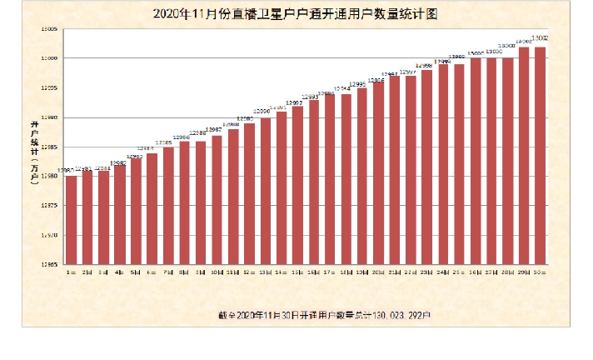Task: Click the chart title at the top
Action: click(x=296, y=15)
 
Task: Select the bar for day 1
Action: click(x=71, y=220)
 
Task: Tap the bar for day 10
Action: click(x=217, y=200)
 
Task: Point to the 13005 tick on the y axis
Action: click(x=47, y=29)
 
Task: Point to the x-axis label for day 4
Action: click(x=119, y=272)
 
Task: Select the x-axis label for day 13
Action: click(x=265, y=272)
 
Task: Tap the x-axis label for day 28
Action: click(x=507, y=272)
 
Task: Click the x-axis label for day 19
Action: click(x=361, y=272)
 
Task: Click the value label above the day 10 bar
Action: click(x=214, y=130)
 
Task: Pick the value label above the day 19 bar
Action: click(x=358, y=84)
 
